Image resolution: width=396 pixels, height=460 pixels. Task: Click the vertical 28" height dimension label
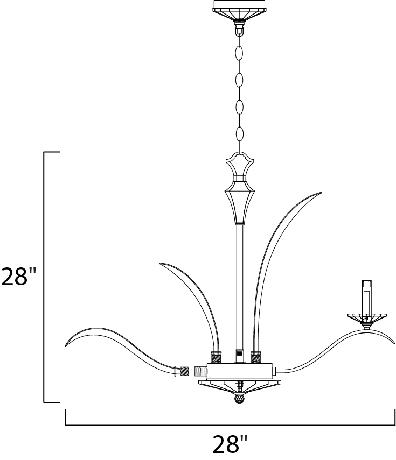pyautogui.click(x=18, y=277)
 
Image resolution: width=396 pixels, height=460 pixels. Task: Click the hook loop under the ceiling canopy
pyautogui.click(x=239, y=28)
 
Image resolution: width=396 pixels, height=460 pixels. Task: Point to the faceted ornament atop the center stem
pyautogui.click(x=240, y=188)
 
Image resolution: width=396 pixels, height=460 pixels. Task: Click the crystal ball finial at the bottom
pyautogui.click(x=239, y=399)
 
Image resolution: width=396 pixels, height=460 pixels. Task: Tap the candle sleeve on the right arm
pyautogui.click(x=366, y=297)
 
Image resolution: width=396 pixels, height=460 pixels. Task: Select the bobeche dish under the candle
pyautogui.click(x=366, y=318)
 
